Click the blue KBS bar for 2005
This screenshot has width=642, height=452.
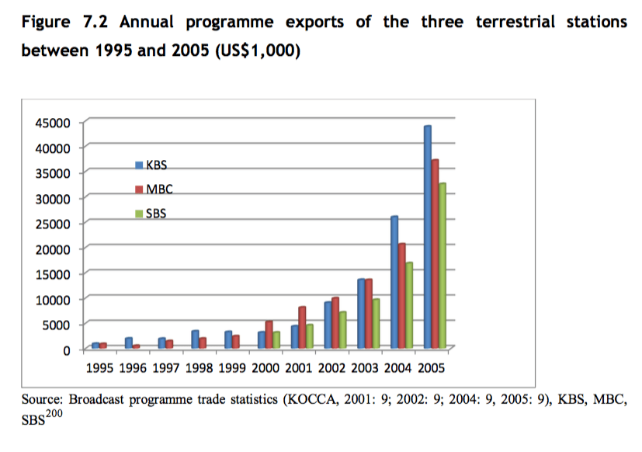(427, 237)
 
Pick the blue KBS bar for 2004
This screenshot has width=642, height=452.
(394, 283)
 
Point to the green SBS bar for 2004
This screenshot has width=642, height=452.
(410, 306)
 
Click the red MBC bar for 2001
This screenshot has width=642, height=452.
(302, 328)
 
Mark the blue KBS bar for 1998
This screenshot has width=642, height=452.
(195, 339)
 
